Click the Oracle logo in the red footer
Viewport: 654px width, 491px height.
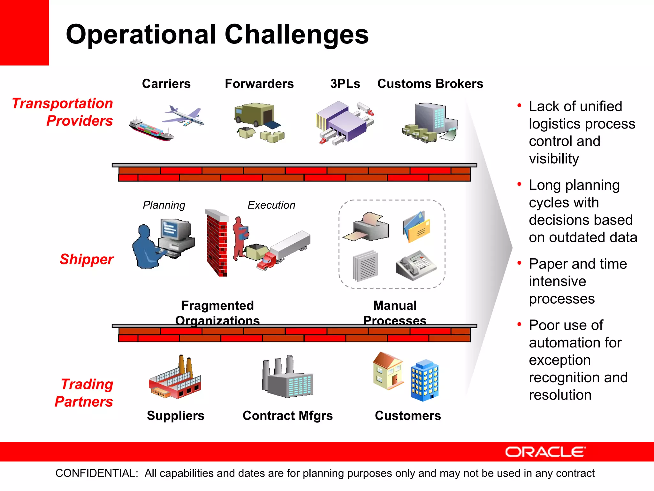(545, 452)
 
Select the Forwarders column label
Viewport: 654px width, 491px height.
(259, 84)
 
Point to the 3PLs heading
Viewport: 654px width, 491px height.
(345, 84)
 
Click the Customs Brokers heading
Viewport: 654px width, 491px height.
(430, 84)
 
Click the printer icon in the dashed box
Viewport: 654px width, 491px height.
(367, 227)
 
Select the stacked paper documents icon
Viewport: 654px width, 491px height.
(365, 266)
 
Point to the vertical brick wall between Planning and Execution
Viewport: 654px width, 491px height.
(217, 243)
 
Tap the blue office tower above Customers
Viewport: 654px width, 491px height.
(424, 380)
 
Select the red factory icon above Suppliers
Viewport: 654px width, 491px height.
(175, 379)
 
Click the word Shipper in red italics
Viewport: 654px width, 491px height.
(87, 259)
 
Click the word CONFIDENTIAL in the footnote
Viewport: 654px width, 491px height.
(97, 473)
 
